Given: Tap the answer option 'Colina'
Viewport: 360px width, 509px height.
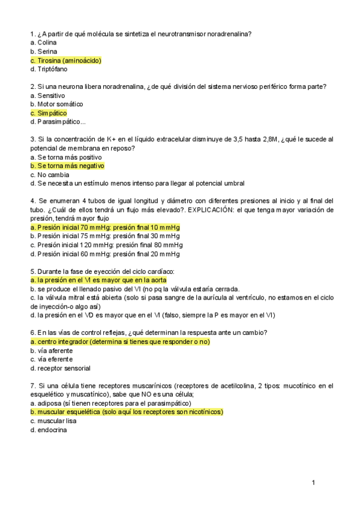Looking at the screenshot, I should coord(43,43).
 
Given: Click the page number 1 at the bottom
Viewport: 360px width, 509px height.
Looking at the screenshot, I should coord(313,483).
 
